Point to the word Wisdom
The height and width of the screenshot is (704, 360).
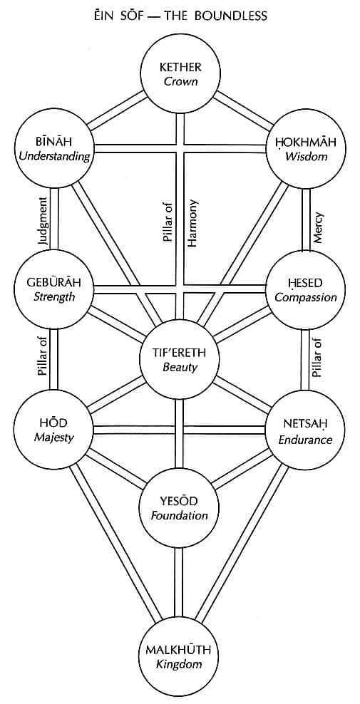306,157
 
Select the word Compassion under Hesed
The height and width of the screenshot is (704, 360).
306,297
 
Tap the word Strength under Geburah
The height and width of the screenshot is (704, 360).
53,297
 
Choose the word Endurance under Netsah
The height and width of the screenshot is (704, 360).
306,439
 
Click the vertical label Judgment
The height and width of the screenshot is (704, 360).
43,220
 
